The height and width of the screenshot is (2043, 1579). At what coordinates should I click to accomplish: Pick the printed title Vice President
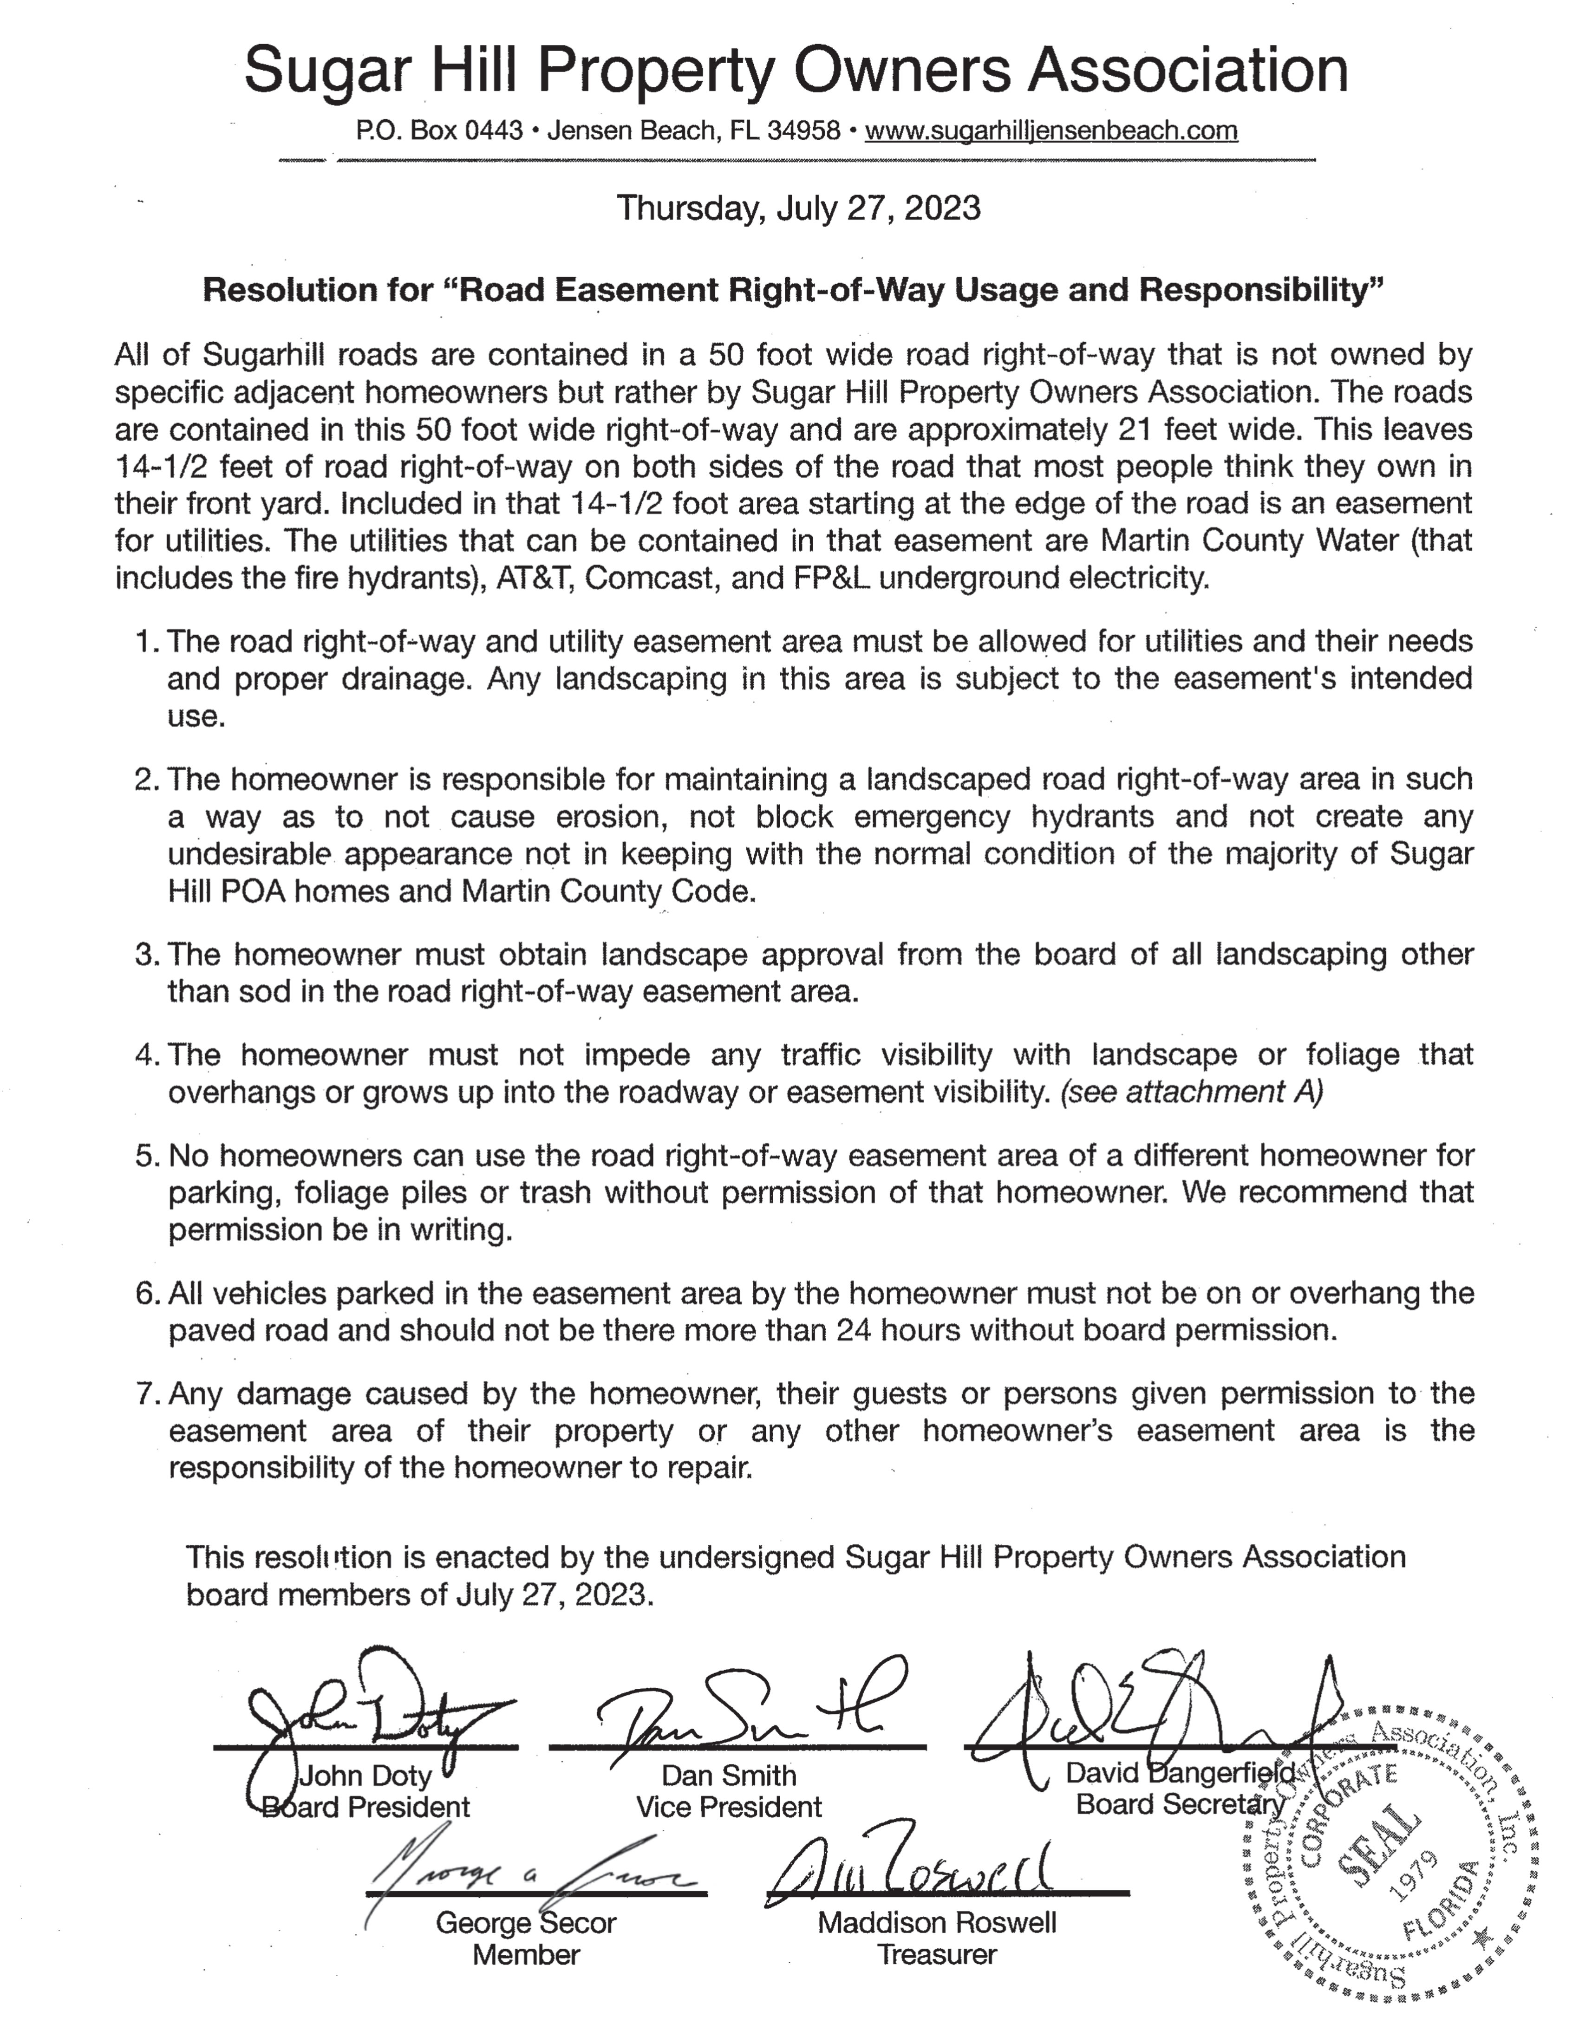pyautogui.click(x=729, y=1806)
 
